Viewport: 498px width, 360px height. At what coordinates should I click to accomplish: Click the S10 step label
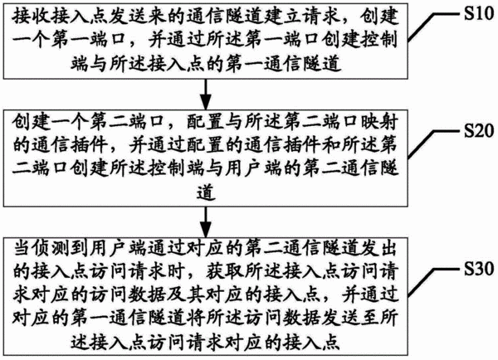tap(479, 13)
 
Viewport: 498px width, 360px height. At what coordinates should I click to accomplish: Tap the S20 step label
tap(479, 130)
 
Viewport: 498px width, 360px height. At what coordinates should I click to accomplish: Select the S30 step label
tap(479, 269)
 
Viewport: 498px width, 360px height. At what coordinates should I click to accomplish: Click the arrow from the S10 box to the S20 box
tap(206, 95)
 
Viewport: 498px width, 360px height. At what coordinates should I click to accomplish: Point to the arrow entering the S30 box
tap(206, 222)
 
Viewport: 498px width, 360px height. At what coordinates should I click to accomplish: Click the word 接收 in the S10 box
tap(32, 17)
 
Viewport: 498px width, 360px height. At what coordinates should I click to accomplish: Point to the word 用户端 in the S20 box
tap(253, 168)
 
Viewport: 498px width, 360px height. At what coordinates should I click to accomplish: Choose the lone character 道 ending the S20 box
tap(206, 191)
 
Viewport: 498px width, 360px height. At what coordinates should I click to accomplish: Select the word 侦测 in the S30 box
tap(51, 248)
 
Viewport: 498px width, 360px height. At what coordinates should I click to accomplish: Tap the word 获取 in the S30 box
tap(225, 271)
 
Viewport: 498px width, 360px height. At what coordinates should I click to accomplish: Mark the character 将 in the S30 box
tap(196, 318)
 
